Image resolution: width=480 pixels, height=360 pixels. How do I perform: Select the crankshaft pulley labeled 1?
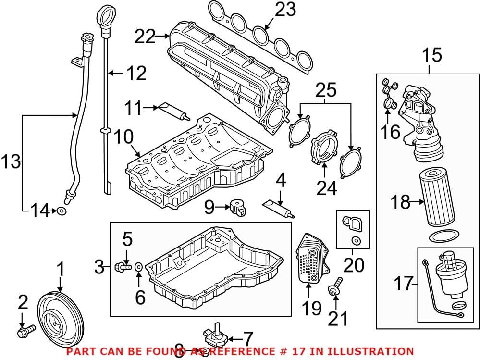point(61,315)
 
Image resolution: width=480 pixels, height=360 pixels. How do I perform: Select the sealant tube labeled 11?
point(173,112)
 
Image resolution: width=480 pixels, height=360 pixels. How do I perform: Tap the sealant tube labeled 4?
point(278,207)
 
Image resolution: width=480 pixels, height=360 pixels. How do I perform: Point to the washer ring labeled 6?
point(138,265)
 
